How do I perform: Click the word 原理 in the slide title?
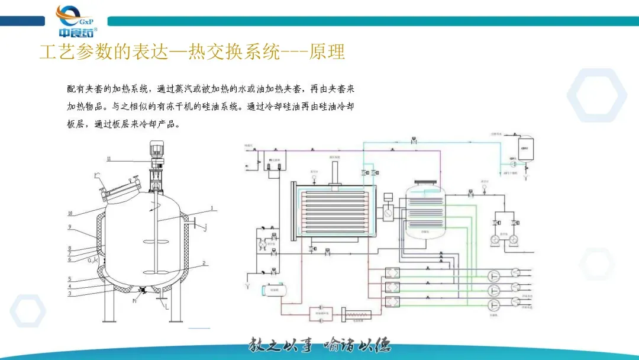(327, 52)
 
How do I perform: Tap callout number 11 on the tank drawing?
(109, 159)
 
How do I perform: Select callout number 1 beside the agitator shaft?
(211, 208)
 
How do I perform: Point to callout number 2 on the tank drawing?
(204, 262)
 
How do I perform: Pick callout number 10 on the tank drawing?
(70, 213)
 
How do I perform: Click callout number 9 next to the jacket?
(69, 227)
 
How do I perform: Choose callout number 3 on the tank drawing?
(69, 293)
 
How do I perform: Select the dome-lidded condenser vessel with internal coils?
(426, 209)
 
